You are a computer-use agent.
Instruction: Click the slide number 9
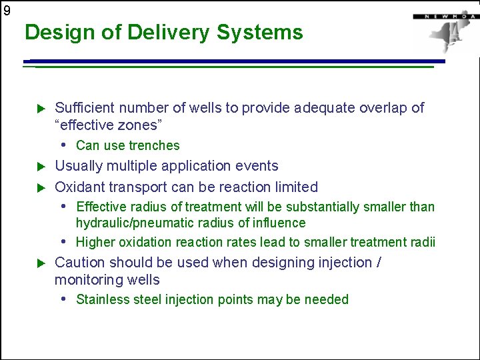(x=7, y=10)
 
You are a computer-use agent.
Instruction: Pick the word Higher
(x=95, y=242)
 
